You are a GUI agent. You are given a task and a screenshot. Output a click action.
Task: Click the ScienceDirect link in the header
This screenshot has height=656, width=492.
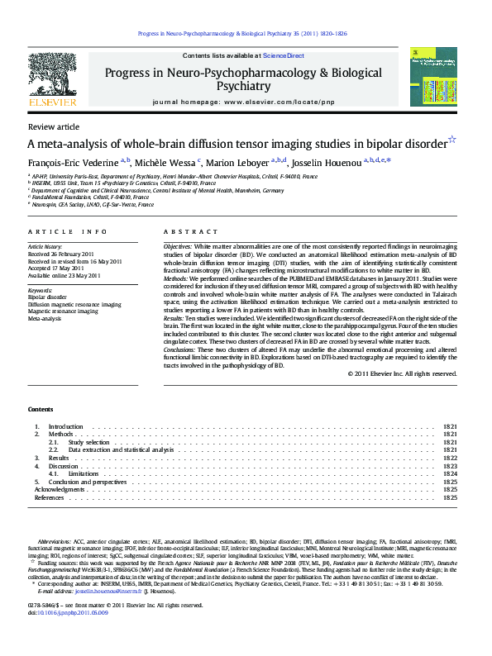[x=284, y=55]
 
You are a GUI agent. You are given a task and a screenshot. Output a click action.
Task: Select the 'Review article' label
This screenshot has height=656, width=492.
[x=54, y=126]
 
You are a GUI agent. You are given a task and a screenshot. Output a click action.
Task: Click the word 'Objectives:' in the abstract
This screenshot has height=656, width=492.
[x=178, y=247]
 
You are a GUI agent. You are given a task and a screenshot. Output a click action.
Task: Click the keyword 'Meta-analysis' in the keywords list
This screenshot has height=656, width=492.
[x=45, y=317]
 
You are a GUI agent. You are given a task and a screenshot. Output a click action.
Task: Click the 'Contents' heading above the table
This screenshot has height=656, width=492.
[x=41, y=410]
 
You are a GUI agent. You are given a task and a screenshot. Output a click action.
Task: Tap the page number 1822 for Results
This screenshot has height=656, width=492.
[x=450, y=458]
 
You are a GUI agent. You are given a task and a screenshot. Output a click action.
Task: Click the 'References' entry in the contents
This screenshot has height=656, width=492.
[x=49, y=497]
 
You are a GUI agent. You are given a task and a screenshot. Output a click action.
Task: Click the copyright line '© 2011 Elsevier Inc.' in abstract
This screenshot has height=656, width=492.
[x=402, y=373]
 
